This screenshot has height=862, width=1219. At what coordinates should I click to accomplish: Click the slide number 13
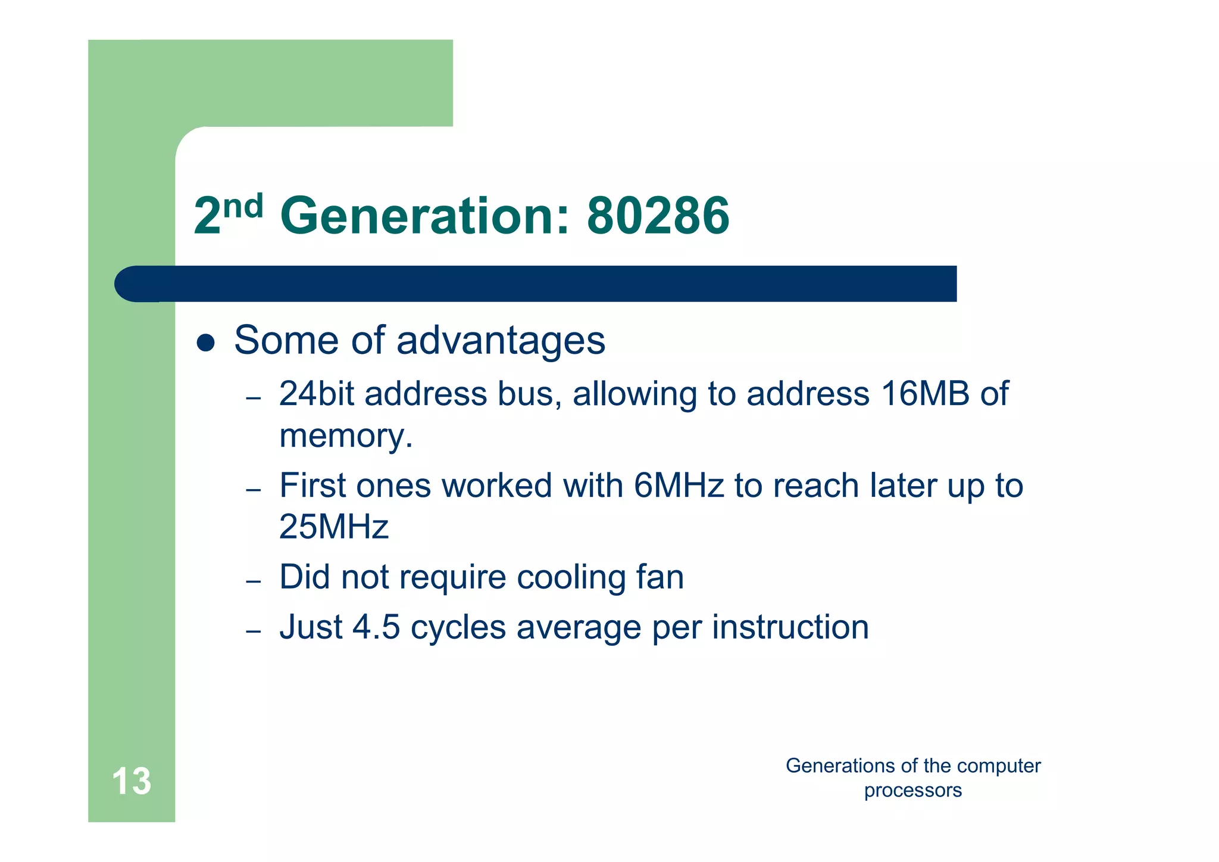pyautogui.click(x=132, y=781)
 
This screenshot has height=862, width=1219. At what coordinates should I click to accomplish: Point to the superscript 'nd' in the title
pyautogui.click(x=243, y=206)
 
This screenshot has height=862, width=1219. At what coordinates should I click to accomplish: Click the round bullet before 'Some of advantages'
pyautogui.click(x=205, y=343)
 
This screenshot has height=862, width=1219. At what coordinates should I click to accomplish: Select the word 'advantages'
pyautogui.click(x=501, y=341)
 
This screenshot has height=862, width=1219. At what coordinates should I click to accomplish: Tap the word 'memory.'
pyautogui.click(x=346, y=435)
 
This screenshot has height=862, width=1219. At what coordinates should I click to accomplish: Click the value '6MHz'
pyautogui.click(x=679, y=486)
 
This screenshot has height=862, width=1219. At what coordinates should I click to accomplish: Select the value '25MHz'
pyautogui.click(x=333, y=527)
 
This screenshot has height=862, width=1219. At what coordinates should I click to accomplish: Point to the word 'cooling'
pyautogui.click(x=570, y=577)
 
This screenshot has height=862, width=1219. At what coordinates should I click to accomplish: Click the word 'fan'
pyautogui.click(x=660, y=577)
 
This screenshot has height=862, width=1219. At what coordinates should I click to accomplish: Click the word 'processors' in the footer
pyautogui.click(x=912, y=791)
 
